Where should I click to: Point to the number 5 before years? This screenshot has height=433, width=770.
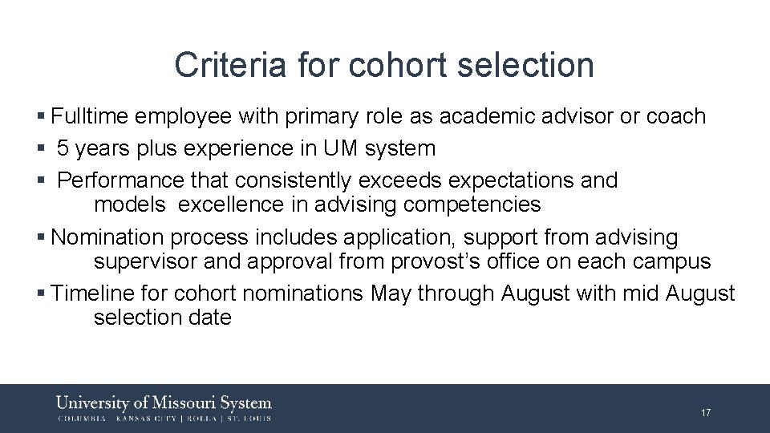pyautogui.click(x=63, y=148)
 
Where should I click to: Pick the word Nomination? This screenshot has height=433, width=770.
pyautogui.click(x=108, y=237)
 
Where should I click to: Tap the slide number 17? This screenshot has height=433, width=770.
pyautogui.click(x=706, y=413)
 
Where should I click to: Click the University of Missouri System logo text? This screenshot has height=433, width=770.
pyautogui.click(x=164, y=403)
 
